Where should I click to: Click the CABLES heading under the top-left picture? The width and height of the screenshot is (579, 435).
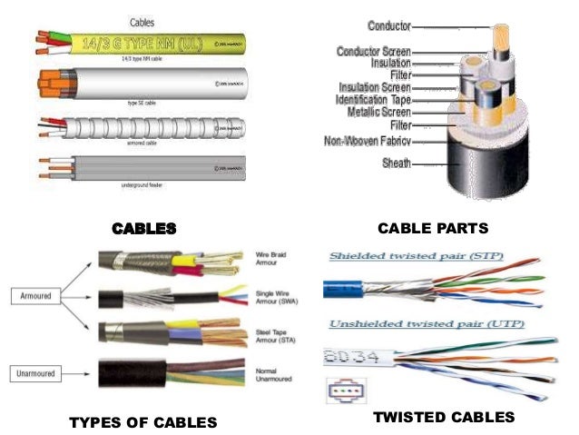(x=143, y=227)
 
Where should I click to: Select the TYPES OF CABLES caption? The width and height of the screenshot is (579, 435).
(x=143, y=421)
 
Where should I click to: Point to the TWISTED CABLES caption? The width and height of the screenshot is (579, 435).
(x=445, y=417)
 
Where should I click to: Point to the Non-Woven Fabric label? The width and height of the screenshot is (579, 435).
(x=368, y=141)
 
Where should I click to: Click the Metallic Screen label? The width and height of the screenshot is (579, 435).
(x=378, y=111)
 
